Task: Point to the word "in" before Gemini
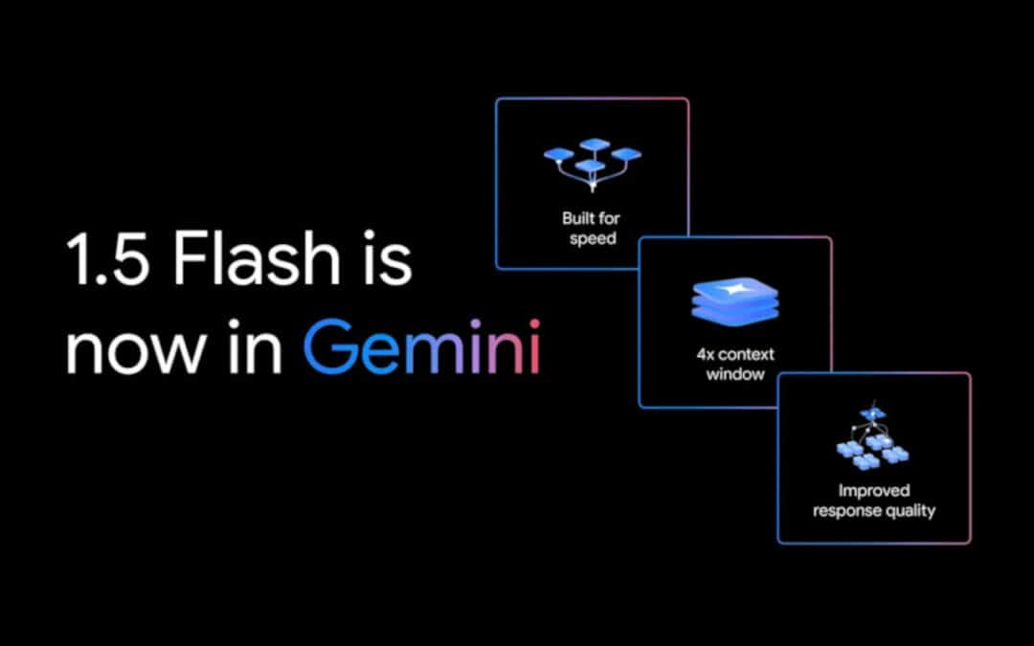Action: point(255,346)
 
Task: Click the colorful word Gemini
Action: point(422,346)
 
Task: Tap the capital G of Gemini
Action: point(330,346)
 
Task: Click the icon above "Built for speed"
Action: point(593,164)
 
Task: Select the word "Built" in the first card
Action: point(577,218)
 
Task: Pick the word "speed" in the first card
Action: point(593,239)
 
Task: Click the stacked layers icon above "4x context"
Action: point(735,301)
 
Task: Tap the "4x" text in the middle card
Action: point(706,355)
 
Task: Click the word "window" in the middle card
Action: point(735,374)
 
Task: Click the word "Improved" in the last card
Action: point(874,491)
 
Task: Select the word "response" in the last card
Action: point(846,511)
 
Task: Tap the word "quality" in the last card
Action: point(910,511)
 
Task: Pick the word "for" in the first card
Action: point(609,218)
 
